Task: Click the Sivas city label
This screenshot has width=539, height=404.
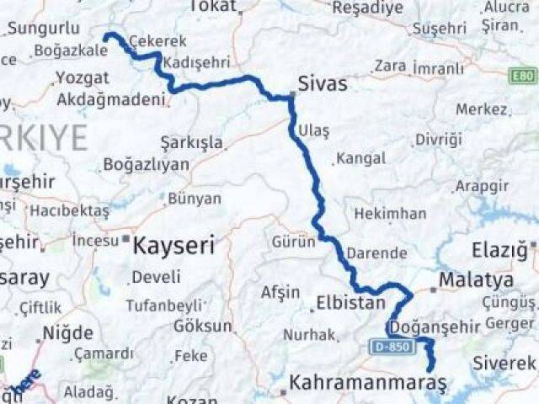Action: click(x=324, y=84)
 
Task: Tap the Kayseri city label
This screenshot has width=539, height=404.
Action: click(x=174, y=246)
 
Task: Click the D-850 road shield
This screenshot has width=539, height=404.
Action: click(x=388, y=346)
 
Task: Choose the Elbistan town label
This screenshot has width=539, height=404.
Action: click(x=350, y=303)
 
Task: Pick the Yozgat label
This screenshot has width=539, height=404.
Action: click(x=82, y=77)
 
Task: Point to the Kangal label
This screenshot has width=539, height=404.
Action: click(x=360, y=157)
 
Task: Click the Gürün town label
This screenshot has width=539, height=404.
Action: click(x=292, y=242)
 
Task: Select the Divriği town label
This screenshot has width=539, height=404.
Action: click(x=439, y=140)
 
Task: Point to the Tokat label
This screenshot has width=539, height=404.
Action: click(x=213, y=7)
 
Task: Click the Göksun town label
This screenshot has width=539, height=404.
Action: click(x=202, y=326)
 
